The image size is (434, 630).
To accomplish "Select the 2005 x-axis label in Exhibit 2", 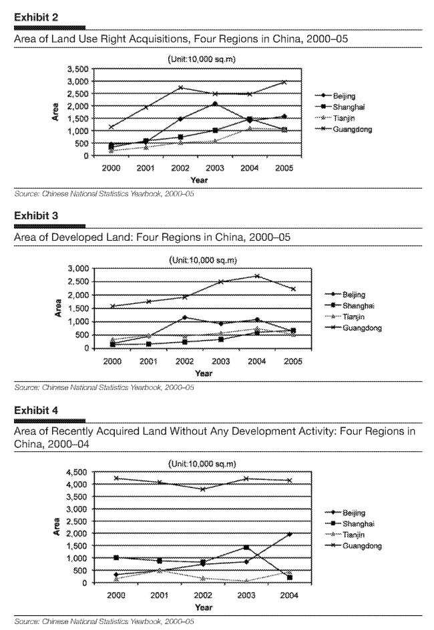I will tap(282, 168).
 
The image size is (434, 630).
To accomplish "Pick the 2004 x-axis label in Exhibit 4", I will tap(290, 596).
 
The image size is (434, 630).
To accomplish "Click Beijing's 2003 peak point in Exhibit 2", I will tap(214, 103).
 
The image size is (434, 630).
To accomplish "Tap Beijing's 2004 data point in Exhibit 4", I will tap(289, 534).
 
